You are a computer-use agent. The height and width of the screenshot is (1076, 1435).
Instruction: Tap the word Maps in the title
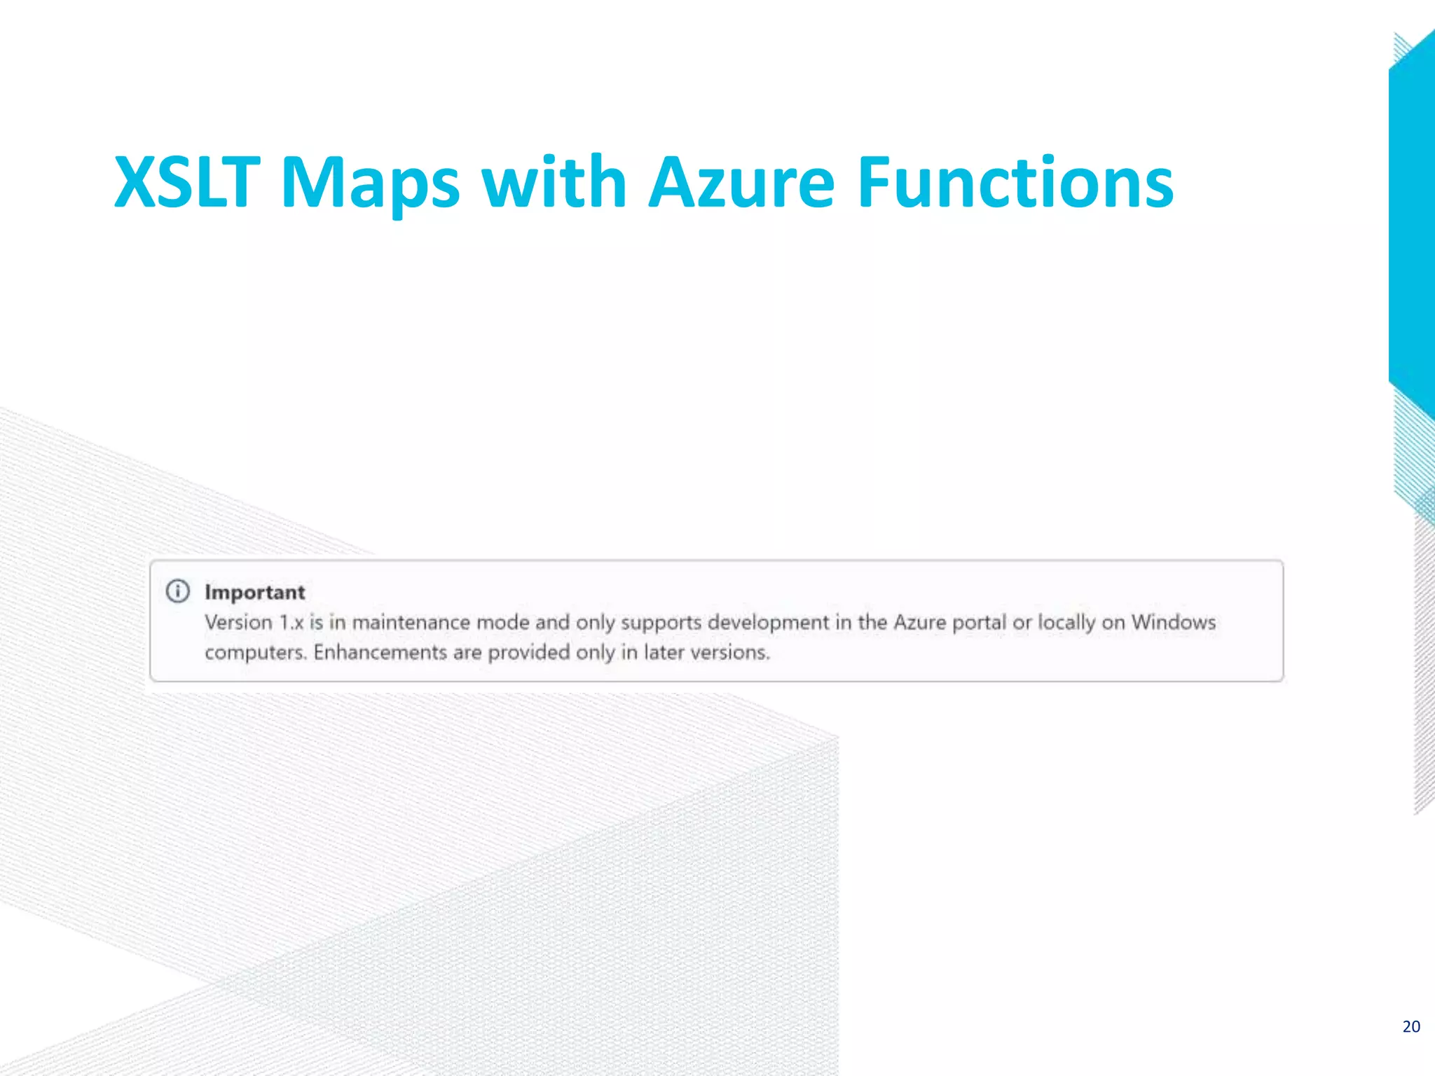point(369,184)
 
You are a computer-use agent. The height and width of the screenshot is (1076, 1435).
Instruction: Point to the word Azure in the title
point(741,184)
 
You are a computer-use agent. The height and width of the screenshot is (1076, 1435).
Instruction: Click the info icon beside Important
point(178,591)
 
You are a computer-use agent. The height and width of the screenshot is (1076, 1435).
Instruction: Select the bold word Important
point(255,593)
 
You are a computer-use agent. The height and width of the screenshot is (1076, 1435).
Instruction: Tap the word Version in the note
point(238,622)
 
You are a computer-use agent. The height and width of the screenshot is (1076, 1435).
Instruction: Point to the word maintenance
point(411,622)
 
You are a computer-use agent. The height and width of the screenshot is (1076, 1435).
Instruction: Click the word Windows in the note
point(1173,622)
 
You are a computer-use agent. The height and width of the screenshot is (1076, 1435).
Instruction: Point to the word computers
point(256,653)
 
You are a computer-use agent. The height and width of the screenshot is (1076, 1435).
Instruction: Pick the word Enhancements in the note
point(380,652)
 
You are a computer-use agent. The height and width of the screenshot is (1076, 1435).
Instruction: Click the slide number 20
point(1411,1026)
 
